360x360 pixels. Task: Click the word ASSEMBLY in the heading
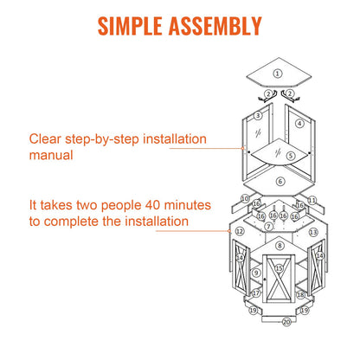215,26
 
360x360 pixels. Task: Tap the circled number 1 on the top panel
278,74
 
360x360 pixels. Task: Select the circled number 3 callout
258,116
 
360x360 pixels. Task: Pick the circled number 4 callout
299,124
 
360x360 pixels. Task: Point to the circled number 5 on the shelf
291,156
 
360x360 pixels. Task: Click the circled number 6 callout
280,182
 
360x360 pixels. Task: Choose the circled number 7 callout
269,227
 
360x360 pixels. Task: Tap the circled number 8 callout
280,246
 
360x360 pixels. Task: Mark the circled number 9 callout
256,273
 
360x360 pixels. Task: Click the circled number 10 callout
245,198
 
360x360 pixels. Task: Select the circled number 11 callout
312,200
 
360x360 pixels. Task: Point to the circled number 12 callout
240,231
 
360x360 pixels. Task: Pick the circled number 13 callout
313,232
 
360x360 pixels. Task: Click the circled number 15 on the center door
279,268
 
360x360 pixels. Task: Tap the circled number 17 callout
256,293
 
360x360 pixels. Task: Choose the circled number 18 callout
300,294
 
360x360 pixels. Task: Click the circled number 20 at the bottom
286,322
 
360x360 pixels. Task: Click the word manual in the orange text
51,155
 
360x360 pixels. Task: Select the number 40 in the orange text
152,205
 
